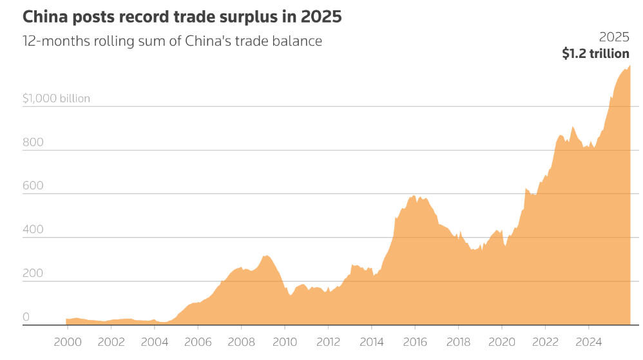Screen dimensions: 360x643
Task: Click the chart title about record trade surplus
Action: pos(182,17)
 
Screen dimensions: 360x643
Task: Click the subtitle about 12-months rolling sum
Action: pos(172,41)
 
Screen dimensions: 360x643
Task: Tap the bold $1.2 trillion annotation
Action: pos(595,53)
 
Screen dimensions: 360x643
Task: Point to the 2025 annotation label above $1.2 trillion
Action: pos(614,37)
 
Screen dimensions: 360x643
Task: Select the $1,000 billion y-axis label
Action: pos(56,99)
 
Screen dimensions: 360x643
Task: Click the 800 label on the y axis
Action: pos(33,142)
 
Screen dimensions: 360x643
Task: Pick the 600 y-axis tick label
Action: pos(33,186)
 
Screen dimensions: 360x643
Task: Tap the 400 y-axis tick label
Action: pos(33,230)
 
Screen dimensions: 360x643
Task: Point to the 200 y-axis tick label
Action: pos(33,274)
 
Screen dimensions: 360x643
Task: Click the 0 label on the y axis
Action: pos(26,317)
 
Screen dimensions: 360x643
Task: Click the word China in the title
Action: pos(44,17)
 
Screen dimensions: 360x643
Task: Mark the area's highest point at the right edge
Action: pos(629,66)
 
